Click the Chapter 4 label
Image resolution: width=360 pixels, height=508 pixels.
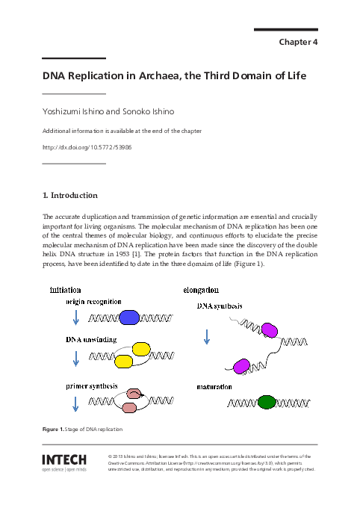(x=299, y=42)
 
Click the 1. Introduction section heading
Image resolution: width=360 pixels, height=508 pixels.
(x=70, y=196)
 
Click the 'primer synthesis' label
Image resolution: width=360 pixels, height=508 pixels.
(x=93, y=385)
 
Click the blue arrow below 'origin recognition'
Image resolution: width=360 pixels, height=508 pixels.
(x=75, y=319)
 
